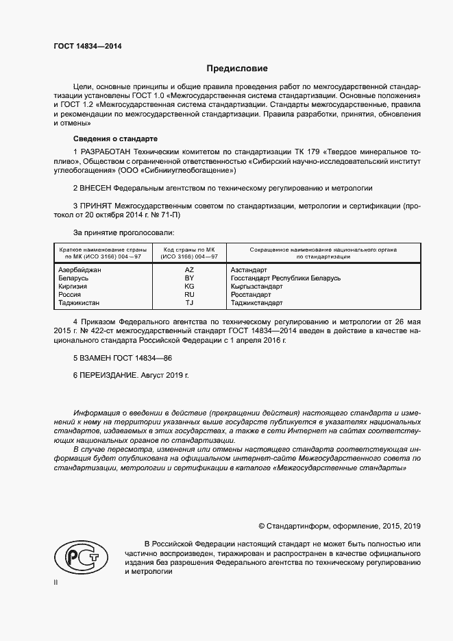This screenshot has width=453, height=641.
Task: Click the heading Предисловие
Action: tap(238, 69)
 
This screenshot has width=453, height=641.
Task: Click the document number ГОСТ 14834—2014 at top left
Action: tap(83, 47)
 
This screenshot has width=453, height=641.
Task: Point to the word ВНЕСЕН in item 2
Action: tap(97, 187)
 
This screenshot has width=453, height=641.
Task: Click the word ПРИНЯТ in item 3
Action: tap(97, 205)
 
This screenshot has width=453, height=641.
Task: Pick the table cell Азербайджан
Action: tap(81, 270)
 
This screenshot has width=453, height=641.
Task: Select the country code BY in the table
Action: tap(190, 278)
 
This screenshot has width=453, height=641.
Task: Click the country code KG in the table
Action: tap(190, 286)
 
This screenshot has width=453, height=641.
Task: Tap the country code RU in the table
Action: tap(190, 294)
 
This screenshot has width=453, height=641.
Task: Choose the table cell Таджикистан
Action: tap(79, 302)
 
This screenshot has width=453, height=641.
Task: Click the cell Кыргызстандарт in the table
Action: tap(256, 286)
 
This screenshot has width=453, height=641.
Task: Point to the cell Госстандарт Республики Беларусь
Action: tap(285, 278)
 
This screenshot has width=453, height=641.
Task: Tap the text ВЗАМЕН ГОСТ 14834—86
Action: tap(123, 359)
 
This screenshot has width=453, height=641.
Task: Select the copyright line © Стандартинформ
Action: tap(339, 526)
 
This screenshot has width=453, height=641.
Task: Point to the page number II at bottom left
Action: tap(57, 582)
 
